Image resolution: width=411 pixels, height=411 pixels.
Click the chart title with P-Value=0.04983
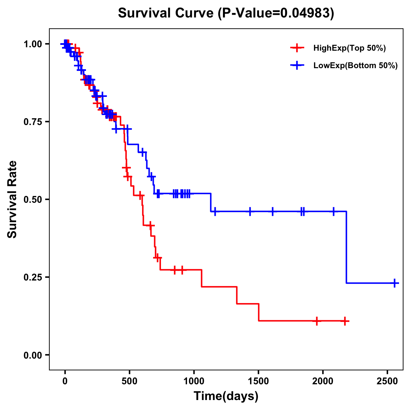[x=226, y=13]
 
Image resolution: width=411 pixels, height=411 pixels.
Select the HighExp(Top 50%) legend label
[x=349, y=48]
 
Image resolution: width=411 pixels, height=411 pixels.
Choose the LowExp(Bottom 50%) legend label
[x=356, y=66]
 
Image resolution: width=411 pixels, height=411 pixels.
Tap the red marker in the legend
[x=297, y=48]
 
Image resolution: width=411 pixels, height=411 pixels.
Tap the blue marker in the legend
[x=297, y=65]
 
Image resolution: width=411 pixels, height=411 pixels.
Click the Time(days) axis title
[x=226, y=396]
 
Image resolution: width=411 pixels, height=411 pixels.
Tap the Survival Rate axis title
[x=12, y=199]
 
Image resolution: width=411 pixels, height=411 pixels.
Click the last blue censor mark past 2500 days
[x=395, y=283]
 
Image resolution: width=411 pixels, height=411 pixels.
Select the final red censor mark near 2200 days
[x=345, y=321]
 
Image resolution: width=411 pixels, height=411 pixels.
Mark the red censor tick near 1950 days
[x=317, y=321]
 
